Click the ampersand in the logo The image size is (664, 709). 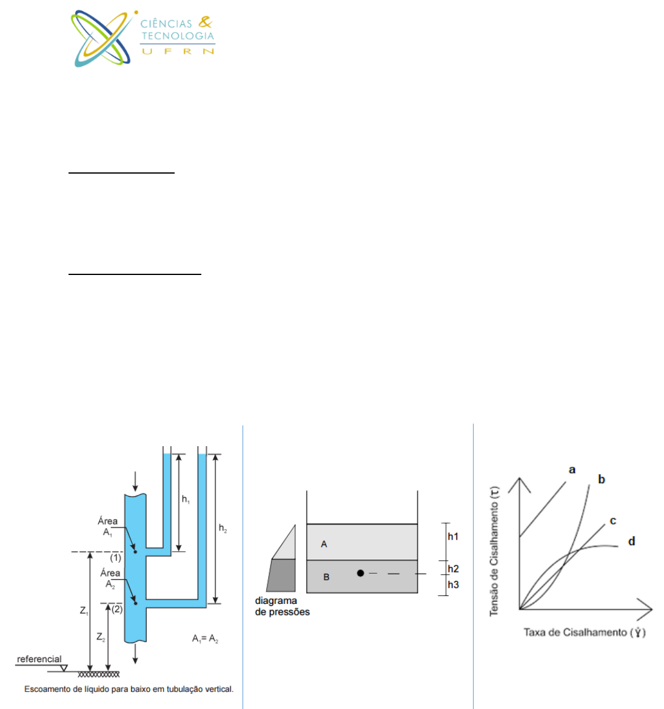(206, 22)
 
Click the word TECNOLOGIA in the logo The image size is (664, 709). (178, 36)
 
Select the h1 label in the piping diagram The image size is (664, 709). (186, 499)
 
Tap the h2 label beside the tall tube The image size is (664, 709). (223, 528)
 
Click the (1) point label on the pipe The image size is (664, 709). (116, 558)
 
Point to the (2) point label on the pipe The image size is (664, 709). (117, 609)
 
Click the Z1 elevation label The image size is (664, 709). (84, 611)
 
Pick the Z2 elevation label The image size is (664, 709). (101, 637)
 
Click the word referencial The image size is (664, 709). (39, 659)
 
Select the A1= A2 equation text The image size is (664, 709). (205, 639)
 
